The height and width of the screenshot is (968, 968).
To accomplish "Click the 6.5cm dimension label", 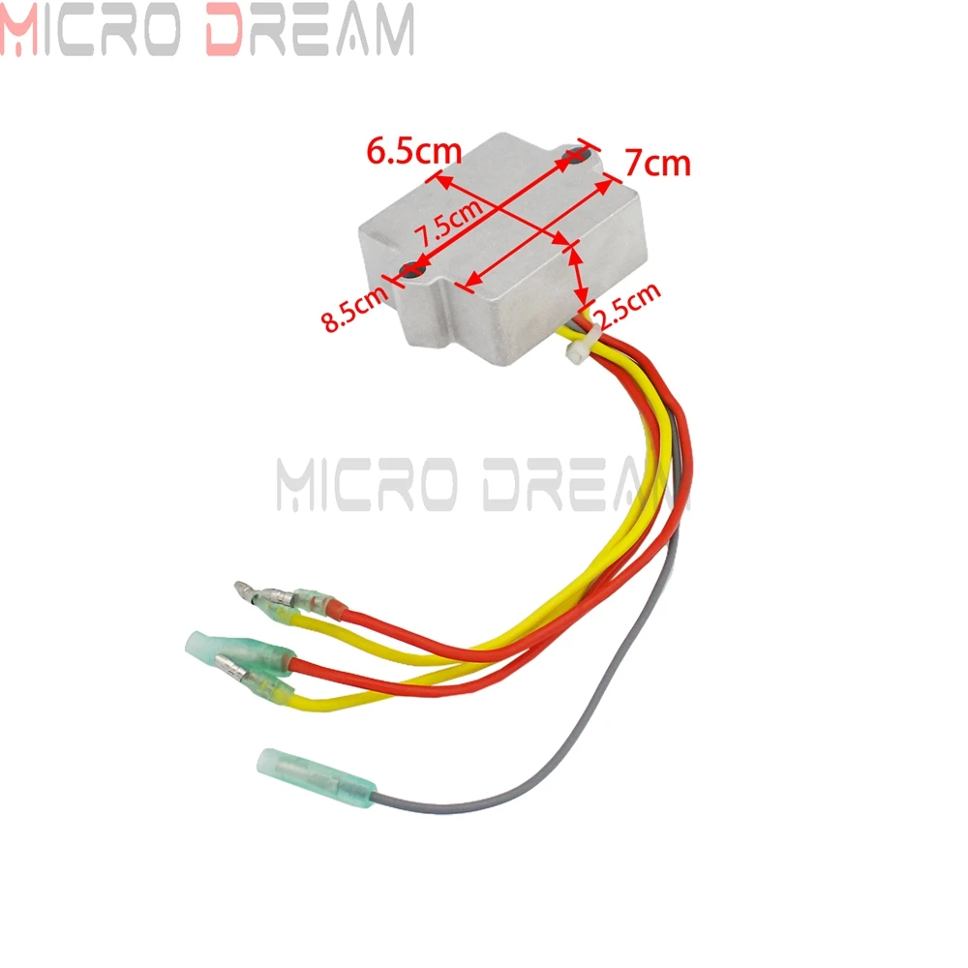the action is pos(413,151).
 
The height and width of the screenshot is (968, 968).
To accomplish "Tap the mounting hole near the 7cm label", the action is pos(579,155).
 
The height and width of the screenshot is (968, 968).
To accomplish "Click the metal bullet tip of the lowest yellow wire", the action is pos(231,667).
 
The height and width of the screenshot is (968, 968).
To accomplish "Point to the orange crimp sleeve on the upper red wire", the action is pos(334,610).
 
